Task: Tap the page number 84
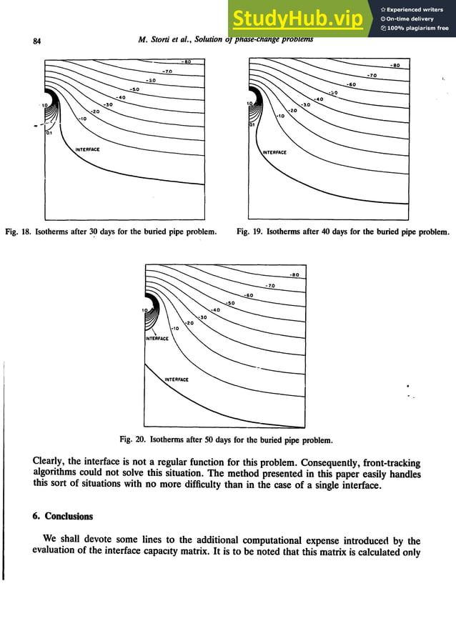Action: point(38,41)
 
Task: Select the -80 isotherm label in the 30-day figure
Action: point(186,62)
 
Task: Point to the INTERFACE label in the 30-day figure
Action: point(87,149)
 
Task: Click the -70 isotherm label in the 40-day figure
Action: point(371,75)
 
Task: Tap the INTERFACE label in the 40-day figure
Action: point(274,152)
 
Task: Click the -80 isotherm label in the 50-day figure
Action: point(294,274)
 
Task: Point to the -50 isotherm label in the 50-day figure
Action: point(230,302)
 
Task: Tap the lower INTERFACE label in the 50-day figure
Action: point(177,379)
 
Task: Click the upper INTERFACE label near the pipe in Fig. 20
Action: point(157,338)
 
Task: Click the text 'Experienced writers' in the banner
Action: point(417,9)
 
